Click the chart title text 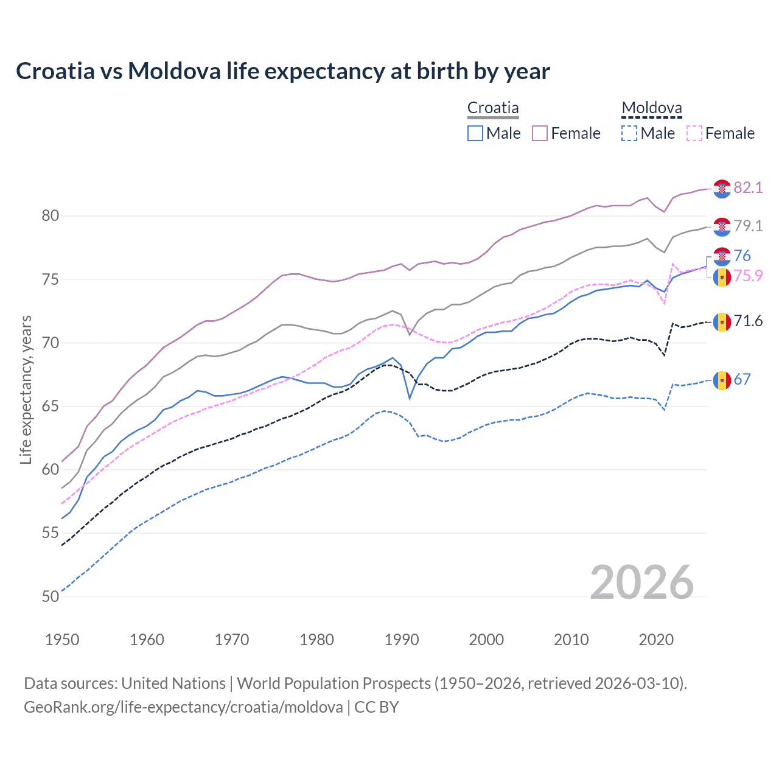(283, 71)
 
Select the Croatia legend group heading (493, 108)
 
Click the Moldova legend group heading (651, 108)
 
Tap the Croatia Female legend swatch (540, 133)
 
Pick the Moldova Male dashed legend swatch (629, 133)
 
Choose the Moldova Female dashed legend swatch (694, 133)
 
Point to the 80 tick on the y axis (51, 216)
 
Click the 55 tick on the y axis (51, 533)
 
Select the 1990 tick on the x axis (402, 640)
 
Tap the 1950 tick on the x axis (62, 640)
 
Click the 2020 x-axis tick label (656, 640)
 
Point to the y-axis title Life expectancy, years (26, 389)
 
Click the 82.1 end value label (748, 187)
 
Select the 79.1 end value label (748, 226)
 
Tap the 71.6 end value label (748, 321)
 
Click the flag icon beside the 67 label (722, 380)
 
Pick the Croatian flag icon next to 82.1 (722, 189)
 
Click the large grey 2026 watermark (642, 582)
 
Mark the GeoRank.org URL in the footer (183, 707)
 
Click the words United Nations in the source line (173, 683)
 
